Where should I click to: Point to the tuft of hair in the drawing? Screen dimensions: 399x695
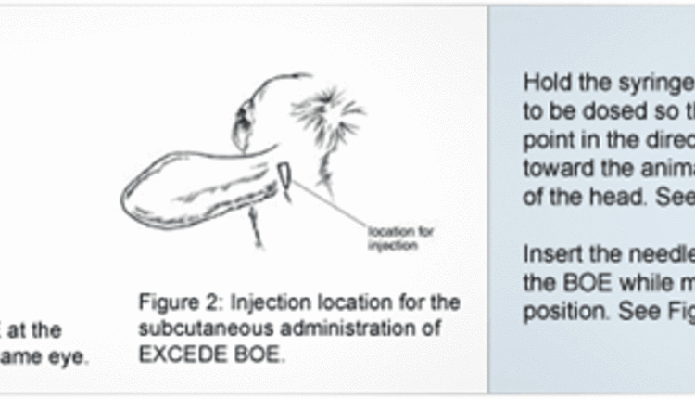327,116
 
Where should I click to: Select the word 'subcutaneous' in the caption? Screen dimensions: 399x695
186,329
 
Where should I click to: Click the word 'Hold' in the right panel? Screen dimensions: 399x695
542,81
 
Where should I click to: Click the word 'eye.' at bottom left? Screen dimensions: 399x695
72,355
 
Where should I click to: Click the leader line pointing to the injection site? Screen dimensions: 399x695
329,208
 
